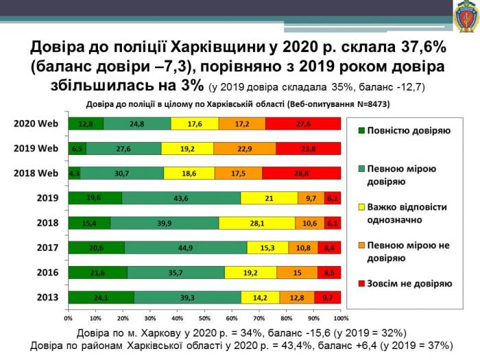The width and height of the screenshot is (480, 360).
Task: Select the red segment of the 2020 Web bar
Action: click(303, 123)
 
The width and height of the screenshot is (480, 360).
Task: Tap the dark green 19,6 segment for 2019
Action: click(95, 198)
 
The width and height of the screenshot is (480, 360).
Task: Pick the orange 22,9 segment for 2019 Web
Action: click(245, 148)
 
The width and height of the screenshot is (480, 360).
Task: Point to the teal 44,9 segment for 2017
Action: click(187, 248)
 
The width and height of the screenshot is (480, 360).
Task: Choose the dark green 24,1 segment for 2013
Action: click(101, 298)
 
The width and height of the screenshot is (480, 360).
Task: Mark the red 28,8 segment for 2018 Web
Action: click(301, 173)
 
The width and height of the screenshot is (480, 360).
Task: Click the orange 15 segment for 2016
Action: click(297, 272)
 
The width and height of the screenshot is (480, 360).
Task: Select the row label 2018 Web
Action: click(36, 173)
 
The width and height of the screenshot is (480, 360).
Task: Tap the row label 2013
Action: click(46, 298)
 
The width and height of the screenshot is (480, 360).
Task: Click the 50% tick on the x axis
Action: click(204, 319)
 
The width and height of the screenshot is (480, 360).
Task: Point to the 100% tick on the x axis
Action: click(340, 319)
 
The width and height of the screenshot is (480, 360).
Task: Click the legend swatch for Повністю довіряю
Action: click(360, 130)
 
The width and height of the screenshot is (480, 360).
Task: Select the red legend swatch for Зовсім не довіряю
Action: click(360, 283)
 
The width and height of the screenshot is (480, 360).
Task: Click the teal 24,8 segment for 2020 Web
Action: click(136, 123)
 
